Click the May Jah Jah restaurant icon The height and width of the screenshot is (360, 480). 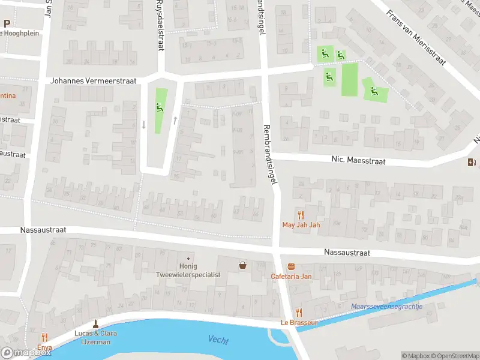(x=301, y=215)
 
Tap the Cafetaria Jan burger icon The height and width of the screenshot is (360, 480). (x=292, y=266)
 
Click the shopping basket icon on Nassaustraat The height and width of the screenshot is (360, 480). (x=243, y=265)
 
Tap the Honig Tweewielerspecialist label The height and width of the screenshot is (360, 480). (x=188, y=270)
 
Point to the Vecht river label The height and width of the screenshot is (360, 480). (x=218, y=340)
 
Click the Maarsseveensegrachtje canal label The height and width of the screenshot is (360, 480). (x=386, y=307)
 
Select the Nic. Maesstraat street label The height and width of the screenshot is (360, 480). (x=356, y=160)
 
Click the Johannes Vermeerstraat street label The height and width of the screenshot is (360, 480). (x=94, y=80)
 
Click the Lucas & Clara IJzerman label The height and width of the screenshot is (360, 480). (x=96, y=337)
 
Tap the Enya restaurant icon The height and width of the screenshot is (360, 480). (x=44, y=338)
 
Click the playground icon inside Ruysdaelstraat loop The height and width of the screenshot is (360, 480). (x=160, y=107)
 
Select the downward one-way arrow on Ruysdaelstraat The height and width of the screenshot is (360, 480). (x=143, y=125)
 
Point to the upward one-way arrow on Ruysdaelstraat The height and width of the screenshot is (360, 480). (x=175, y=120)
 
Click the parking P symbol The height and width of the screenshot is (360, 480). (x=7, y=24)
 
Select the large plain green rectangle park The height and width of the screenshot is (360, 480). (x=350, y=79)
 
